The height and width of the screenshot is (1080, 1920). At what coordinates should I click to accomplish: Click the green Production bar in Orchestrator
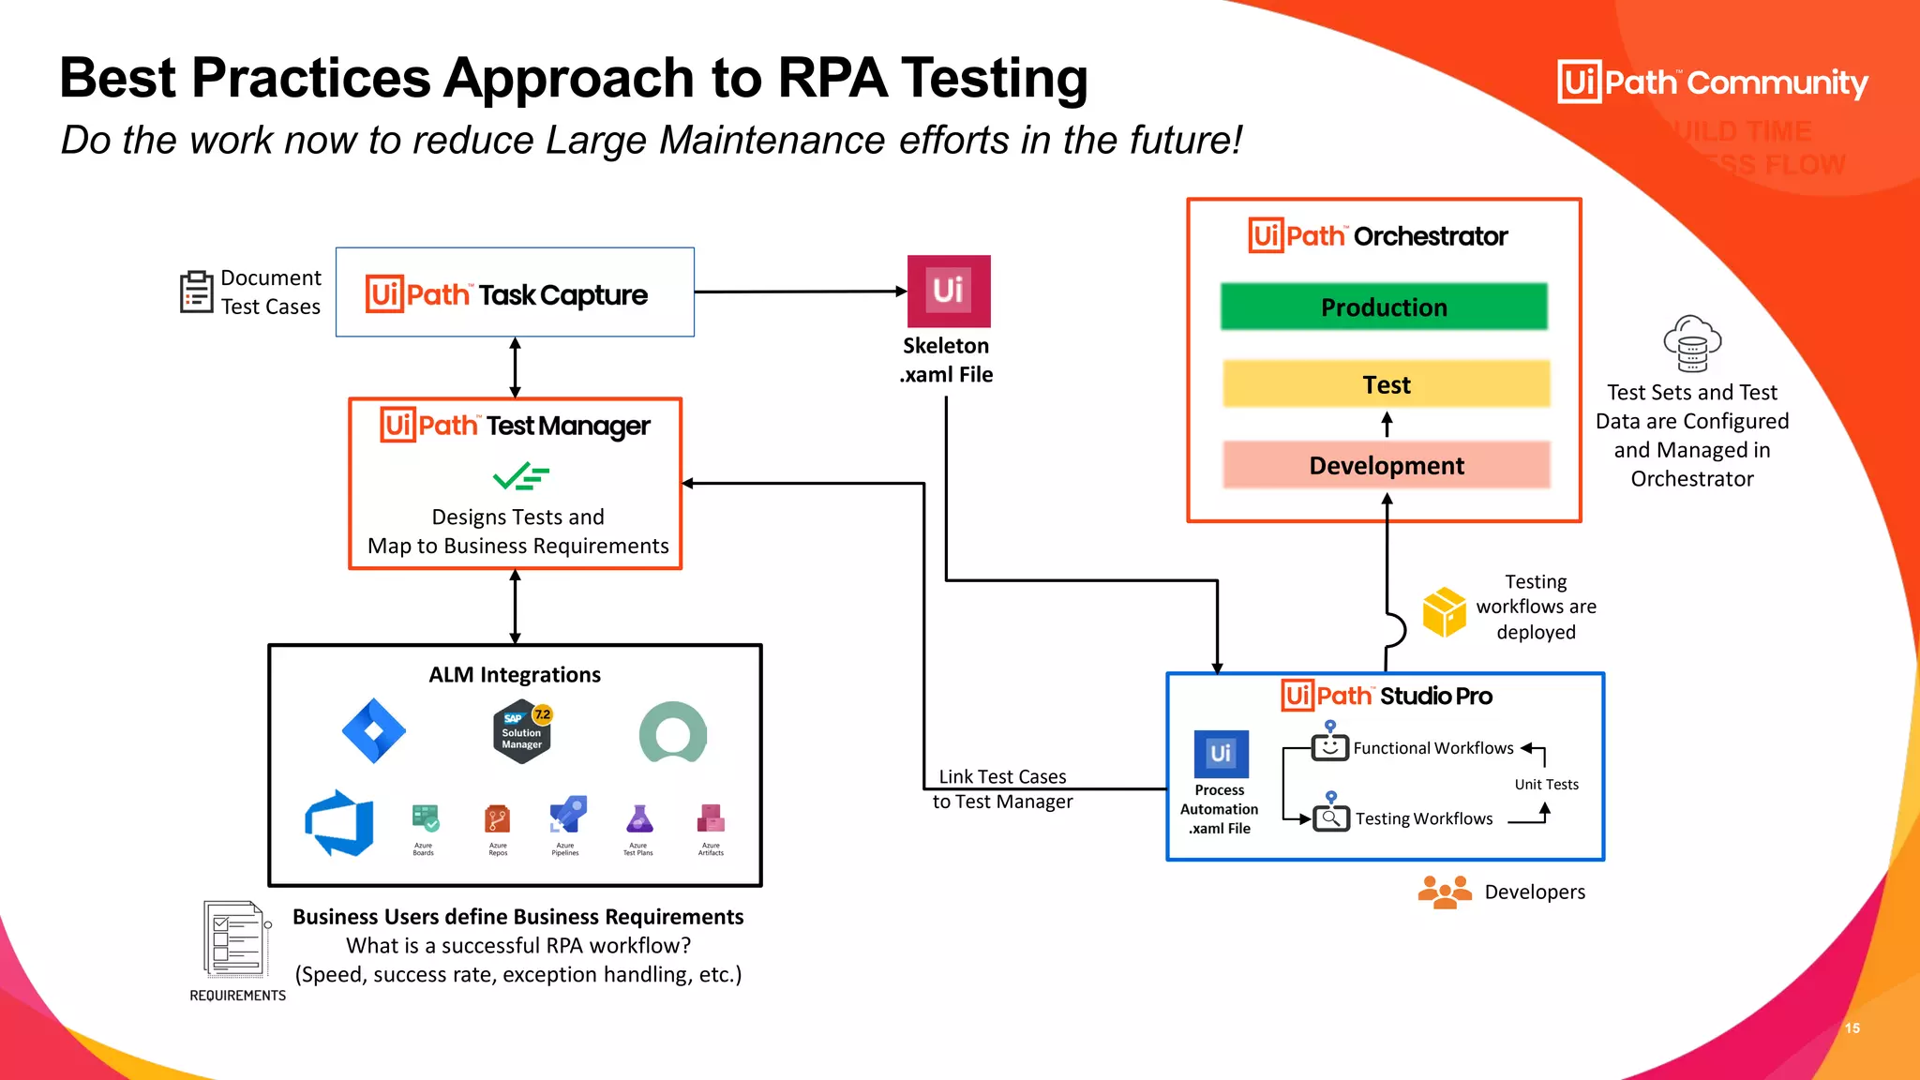[x=1384, y=307]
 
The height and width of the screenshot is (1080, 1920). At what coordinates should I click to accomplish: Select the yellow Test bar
[x=1386, y=384]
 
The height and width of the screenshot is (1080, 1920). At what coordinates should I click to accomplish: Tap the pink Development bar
[x=1386, y=465]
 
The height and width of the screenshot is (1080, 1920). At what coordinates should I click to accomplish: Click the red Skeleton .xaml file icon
[x=948, y=291]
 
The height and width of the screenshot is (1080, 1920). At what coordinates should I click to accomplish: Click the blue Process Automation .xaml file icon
[x=1221, y=754]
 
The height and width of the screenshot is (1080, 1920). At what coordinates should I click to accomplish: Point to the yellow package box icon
[x=1444, y=611]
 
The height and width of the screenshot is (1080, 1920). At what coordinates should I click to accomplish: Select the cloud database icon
[x=1692, y=344]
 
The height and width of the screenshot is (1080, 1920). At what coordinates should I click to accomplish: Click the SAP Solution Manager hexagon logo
[x=522, y=731]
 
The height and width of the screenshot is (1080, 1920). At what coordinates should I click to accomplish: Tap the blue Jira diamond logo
[x=373, y=730]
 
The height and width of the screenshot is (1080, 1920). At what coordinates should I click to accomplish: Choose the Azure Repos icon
[x=498, y=820]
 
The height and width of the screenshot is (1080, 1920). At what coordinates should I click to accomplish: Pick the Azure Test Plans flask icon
[x=638, y=820]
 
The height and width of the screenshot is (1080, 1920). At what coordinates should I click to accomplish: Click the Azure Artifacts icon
[x=711, y=819]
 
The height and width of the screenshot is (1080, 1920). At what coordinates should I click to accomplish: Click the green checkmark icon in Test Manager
[x=520, y=476]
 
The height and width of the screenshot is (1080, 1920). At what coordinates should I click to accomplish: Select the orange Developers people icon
[x=1444, y=892]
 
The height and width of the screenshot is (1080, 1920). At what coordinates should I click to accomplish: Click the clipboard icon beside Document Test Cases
[x=196, y=292]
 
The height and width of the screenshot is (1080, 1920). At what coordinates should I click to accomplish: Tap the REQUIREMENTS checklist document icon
[x=234, y=939]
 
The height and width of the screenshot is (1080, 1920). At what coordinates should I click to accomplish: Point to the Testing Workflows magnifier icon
[x=1330, y=817]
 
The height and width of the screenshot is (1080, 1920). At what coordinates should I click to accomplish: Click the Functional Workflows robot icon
[x=1329, y=746]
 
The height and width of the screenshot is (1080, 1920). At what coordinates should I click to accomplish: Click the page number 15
[x=1852, y=1028]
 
